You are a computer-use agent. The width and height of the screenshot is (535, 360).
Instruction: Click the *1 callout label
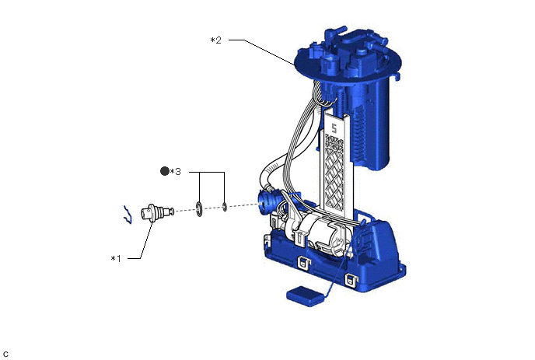tap(116, 259)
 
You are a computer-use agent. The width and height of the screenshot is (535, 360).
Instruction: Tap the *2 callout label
tap(216, 40)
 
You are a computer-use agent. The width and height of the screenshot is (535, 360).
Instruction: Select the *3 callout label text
tap(176, 172)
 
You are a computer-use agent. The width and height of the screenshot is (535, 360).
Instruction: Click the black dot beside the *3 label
tap(165, 171)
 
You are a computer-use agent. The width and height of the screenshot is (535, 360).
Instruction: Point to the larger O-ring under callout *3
tap(199, 209)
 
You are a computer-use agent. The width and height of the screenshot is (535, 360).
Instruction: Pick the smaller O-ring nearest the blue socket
tap(225, 207)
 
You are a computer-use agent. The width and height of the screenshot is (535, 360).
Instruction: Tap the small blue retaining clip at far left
tap(128, 215)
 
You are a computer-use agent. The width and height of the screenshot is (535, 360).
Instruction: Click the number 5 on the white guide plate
tap(334, 128)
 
